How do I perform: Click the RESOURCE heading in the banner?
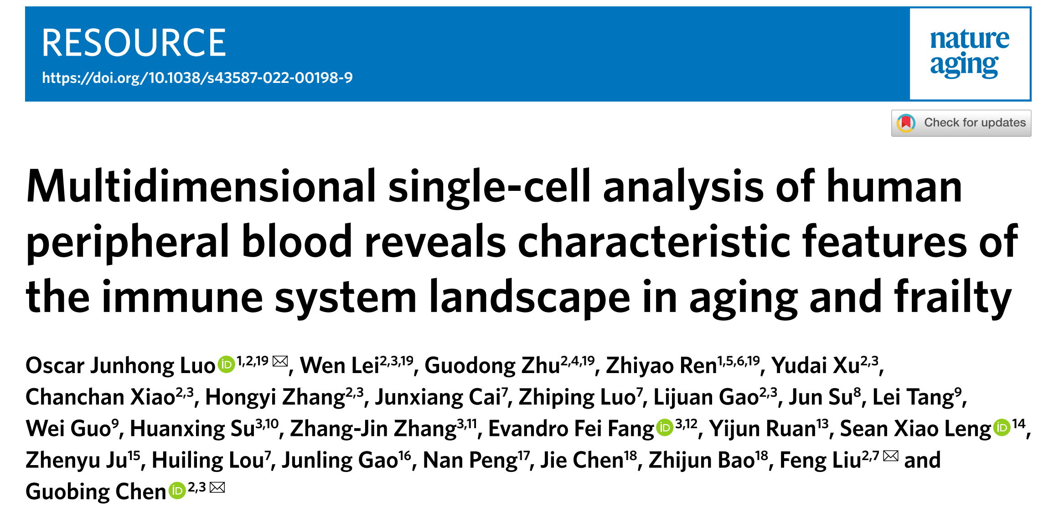[x=134, y=43]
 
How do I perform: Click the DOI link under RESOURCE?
[x=197, y=78]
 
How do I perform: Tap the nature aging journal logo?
[x=970, y=53]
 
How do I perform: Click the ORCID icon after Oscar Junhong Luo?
[x=226, y=365]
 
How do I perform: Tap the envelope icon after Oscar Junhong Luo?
[x=280, y=362]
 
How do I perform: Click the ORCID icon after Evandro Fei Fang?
[x=665, y=428]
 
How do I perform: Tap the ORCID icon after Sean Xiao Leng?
[x=1002, y=428]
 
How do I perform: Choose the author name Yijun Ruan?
[x=762, y=429]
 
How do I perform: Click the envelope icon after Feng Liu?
[x=890, y=456]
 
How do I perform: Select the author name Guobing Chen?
[x=96, y=492]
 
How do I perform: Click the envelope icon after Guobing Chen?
[x=217, y=487]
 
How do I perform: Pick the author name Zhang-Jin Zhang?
[x=373, y=429]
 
